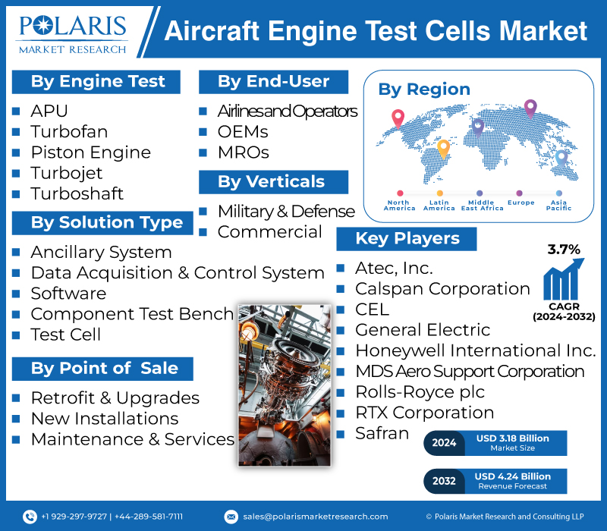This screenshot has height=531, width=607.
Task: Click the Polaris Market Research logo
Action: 73,34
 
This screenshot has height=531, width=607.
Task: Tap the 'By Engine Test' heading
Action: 98,82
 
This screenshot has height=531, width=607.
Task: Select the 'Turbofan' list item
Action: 69,131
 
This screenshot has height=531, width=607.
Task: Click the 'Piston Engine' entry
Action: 90,152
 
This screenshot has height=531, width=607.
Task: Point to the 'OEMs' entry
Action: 243,132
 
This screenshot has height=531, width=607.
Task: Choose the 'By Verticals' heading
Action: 271,182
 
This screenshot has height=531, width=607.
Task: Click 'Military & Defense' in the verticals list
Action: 286,212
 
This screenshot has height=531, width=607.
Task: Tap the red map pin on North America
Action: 398,118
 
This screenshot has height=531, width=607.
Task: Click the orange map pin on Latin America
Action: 443,149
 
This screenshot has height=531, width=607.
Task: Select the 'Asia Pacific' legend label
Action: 558,205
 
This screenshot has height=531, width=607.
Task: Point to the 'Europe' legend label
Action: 521,203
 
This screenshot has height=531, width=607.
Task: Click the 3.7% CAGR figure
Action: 564,250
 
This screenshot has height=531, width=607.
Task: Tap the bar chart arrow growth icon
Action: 564,279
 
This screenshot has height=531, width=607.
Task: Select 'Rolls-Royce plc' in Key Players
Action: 420,392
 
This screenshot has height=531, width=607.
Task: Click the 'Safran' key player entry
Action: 382,433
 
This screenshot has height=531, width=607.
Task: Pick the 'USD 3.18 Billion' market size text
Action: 513,438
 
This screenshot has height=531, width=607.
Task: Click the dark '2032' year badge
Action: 444,481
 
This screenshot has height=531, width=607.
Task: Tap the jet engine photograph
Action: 285,385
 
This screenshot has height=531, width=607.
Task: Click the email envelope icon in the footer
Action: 231,517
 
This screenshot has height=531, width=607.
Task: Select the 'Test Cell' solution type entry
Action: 66,335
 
